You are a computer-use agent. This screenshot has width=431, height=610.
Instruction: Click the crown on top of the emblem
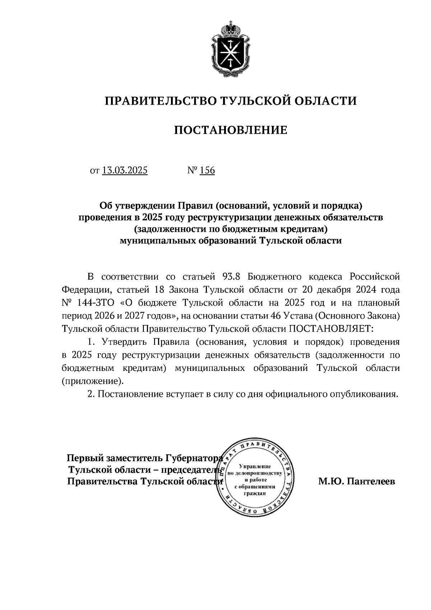(230, 28)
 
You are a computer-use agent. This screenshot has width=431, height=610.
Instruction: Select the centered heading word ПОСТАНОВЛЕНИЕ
(231, 130)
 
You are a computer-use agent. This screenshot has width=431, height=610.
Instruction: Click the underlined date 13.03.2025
(125, 170)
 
